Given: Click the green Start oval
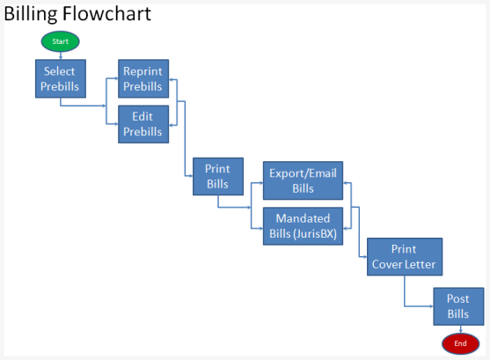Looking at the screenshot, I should point(61,41).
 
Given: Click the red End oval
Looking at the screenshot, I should point(460,342).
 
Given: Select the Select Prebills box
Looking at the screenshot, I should point(61,78).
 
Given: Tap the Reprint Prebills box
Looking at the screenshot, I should point(144,78).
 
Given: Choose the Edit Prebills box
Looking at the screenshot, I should point(144,124).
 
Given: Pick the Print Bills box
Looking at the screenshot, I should point(217,176).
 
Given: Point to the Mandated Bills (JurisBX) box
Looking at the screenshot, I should point(303,225).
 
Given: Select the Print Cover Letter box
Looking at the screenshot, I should point(404,256).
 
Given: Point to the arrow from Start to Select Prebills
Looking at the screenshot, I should point(61,55).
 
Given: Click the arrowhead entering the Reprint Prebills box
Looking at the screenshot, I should point(116,79).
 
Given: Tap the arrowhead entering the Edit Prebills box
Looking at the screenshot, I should point(116,124).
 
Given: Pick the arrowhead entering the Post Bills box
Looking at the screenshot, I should point(431,306).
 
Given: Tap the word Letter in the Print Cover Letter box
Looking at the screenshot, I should point(419,264).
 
